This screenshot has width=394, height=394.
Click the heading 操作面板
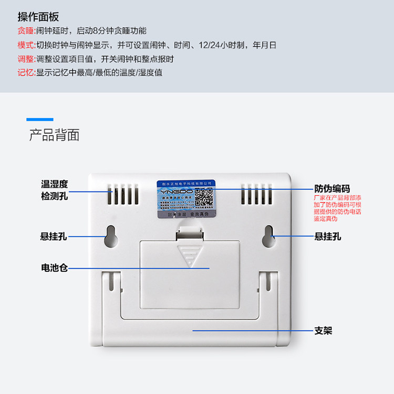pyautogui.click(x=36, y=15)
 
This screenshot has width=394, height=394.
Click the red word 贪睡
pyautogui.click(x=25, y=30)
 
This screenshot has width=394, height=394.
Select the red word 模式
pyautogui.click(x=25, y=45)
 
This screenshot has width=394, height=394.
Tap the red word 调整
pyautogui.click(x=25, y=59)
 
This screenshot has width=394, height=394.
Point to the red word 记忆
pyautogui.click(x=25, y=72)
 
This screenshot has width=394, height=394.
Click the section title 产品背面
pyautogui.click(x=54, y=135)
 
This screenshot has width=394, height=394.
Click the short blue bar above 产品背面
pyautogui.click(x=40, y=120)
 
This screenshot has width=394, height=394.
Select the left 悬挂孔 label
pyautogui.click(x=54, y=237)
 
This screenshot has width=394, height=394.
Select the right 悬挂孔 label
pyautogui.click(x=328, y=237)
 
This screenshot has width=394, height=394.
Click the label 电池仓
pyautogui.click(x=55, y=268)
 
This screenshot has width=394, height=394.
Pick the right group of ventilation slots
pyautogui.click(x=257, y=195)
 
